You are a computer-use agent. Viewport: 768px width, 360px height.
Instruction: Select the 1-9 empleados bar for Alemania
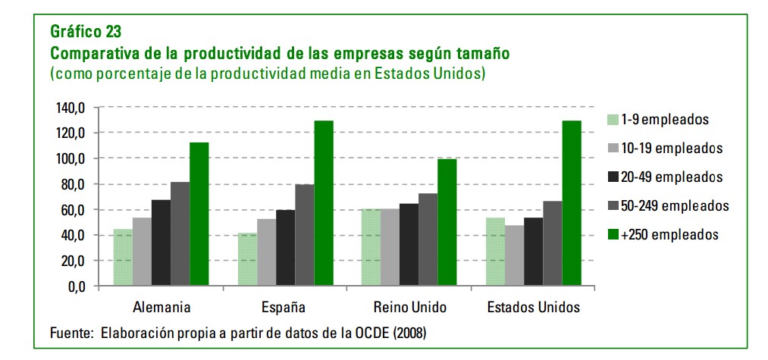(x=123, y=258)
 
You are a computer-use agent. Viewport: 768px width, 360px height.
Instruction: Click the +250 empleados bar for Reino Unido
(x=447, y=223)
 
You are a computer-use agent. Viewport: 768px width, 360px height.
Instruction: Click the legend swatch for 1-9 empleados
(x=613, y=119)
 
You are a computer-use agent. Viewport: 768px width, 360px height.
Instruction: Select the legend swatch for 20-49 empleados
(x=613, y=177)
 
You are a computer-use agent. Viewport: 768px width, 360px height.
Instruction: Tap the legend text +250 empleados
(x=669, y=235)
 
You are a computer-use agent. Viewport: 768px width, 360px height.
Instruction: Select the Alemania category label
(x=161, y=308)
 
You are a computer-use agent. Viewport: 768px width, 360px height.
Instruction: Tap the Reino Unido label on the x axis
(x=410, y=308)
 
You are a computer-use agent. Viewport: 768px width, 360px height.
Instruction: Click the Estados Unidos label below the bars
(x=534, y=308)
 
